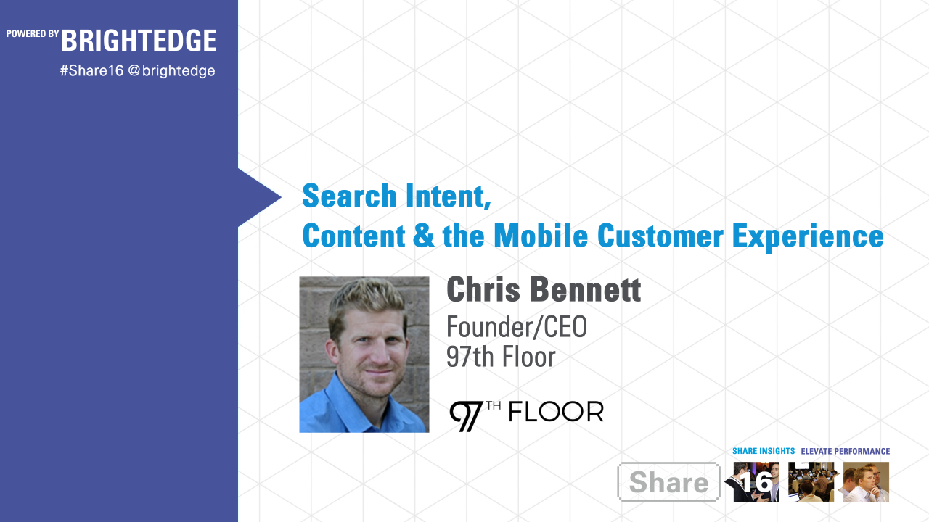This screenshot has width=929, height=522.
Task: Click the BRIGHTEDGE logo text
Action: [x=139, y=41]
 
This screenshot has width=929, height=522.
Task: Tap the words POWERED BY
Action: [x=33, y=33]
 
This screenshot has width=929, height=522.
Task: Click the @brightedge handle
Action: [x=171, y=71]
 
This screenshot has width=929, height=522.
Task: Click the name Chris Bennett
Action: [x=544, y=289]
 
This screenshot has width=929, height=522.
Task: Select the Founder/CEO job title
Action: [x=516, y=328]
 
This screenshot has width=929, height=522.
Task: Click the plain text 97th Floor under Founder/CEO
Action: [x=501, y=357]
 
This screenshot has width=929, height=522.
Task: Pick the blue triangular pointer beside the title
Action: [x=258, y=197]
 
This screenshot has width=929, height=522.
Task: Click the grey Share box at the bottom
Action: [x=668, y=482]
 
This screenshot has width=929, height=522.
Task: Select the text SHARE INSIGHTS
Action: [x=764, y=451]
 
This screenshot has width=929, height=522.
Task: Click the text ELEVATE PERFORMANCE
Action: [x=845, y=451]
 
